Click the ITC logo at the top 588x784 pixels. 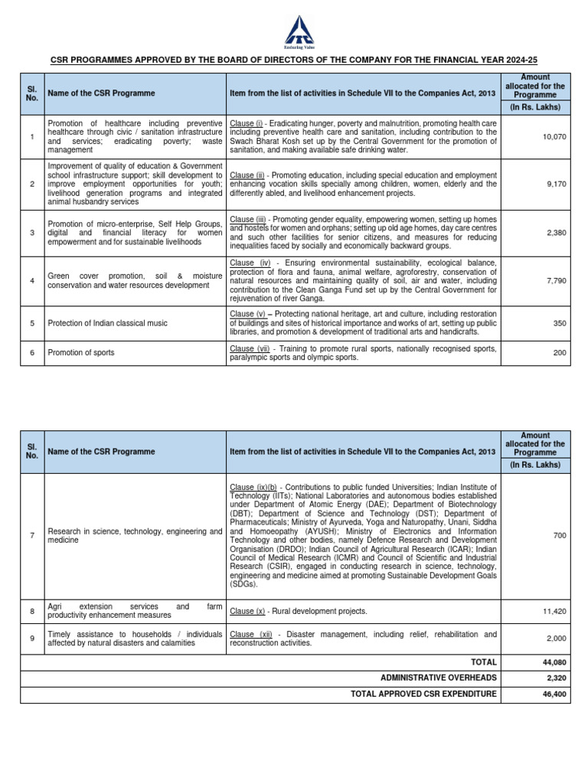click(294, 31)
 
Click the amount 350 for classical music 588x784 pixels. click(559, 323)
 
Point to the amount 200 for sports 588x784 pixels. click(559, 352)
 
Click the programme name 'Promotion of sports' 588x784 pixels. click(81, 352)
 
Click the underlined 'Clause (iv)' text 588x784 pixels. click(250, 263)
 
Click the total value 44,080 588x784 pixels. click(554, 661)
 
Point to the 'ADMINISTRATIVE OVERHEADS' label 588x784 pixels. click(438, 678)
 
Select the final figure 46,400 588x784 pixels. click(554, 694)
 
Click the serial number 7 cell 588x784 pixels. click(32, 535)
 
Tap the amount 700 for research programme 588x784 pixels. click(559, 535)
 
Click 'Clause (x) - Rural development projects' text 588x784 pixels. click(298, 611)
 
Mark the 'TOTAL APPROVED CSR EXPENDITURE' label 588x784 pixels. click(423, 694)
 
